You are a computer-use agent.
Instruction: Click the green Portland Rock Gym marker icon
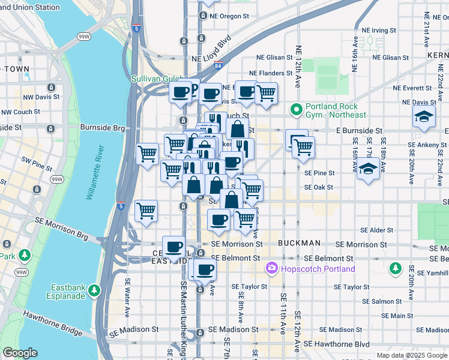tap(295, 109)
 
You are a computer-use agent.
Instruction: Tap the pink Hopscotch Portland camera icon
tap(273, 268)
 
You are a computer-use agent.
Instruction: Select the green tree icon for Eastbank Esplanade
tap(94, 291)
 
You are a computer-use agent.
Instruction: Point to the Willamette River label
tap(90, 183)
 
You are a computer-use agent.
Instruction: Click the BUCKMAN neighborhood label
tap(299, 244)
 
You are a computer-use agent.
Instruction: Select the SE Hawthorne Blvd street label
tap(337, 344)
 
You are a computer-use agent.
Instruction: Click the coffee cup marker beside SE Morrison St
tap(174, 247)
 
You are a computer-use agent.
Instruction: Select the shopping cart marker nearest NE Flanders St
tap(266, 93)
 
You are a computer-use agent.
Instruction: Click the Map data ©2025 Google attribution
tap(412, 355)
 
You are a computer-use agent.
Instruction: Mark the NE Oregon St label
tap(228, 16)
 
